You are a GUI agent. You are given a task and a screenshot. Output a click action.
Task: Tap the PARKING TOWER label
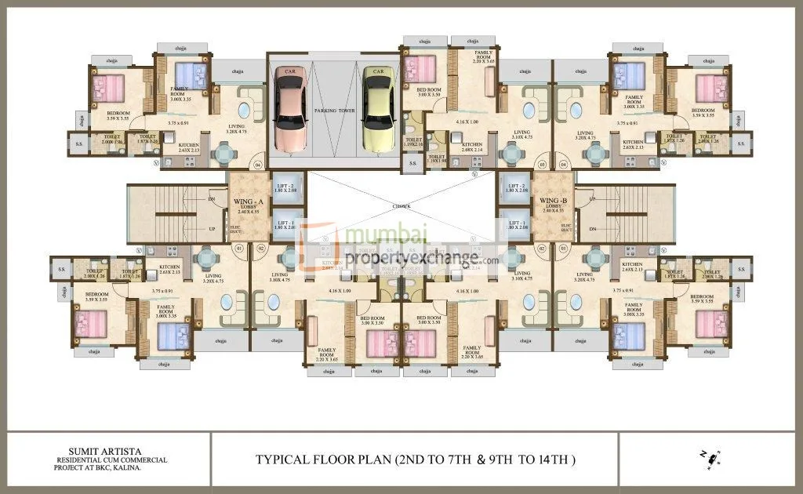pyautogui.click(x=336, y=111)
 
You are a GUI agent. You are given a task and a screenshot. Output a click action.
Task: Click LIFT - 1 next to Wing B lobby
pyautogui.click(x=518, y=226)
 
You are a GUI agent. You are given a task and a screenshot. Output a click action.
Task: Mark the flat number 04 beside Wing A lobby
pyautogui.click(x=257, y=165)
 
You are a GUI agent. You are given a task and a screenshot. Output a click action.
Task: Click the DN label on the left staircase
pyautogui.click(x=213, y=199)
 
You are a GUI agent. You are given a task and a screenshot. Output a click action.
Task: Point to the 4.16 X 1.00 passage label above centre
pyautogui.click(x=467, y=122)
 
